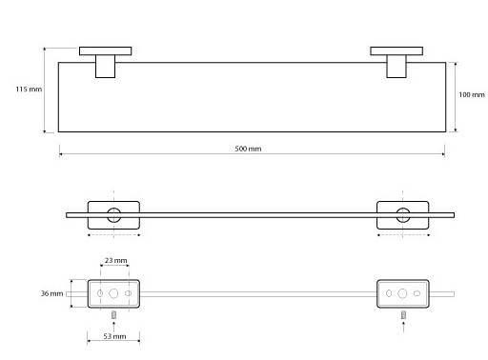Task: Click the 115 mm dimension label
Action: (x=29, y=90)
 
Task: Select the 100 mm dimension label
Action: (x=472, y=94)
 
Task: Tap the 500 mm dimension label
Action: (x=248, y=149)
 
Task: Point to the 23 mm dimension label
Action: (x=115, y=260)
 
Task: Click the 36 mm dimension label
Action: (x=51, y=293)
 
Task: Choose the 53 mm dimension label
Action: (x=114, y=336)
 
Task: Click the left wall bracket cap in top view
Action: (x=105, y=51)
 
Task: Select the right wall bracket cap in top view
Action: (x=396, y=51)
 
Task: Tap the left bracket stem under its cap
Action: (x=105, y=67)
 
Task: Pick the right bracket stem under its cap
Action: (x=396, y=67)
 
